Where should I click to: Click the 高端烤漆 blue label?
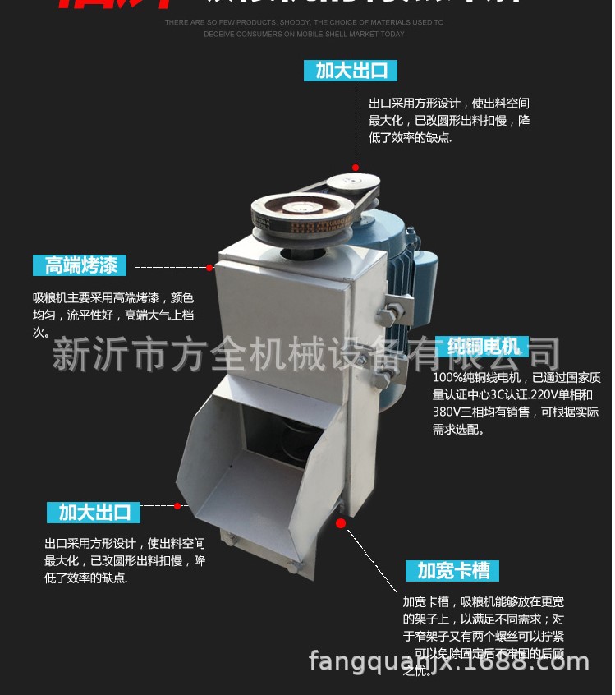tap(80, 265)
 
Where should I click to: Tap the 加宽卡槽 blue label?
tap(452, 570)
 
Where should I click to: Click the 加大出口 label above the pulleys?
tap(351, 70)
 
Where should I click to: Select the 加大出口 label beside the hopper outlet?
tap(94, 513)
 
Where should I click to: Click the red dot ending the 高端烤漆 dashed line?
tap(209, 267)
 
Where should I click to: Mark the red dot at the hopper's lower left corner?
tap(177, 505)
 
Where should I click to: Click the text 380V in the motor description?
tap(448, 412)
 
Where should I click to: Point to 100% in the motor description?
tap(449, 378)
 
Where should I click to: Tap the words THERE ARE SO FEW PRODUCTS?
tap(215, 22)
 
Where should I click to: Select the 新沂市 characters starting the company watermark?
tap(90, 355)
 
